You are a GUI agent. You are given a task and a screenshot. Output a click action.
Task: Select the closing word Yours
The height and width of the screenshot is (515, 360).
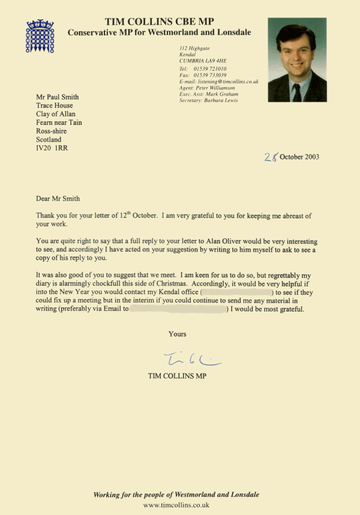177,334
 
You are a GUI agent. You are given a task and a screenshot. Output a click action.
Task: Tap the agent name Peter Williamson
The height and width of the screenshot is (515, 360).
218,88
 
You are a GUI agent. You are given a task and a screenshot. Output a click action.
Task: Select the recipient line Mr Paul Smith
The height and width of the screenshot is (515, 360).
57,98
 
